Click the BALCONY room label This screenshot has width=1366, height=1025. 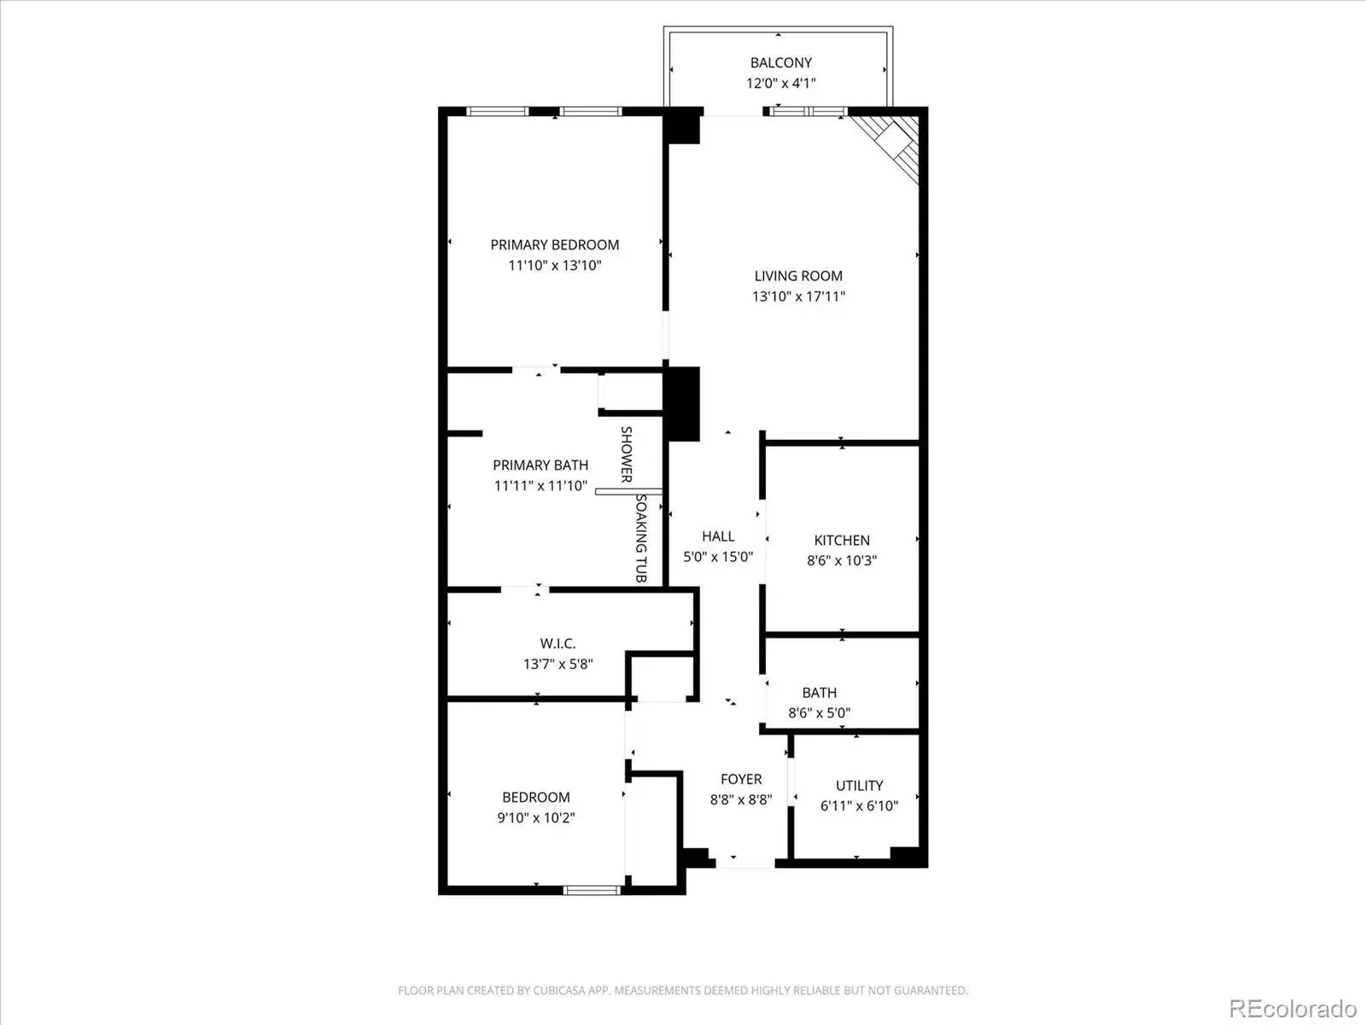click(x=780, y=63)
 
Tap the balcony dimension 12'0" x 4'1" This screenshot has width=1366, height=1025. click(x=780, y=83)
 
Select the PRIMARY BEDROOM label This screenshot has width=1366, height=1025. click(x=554, y=245)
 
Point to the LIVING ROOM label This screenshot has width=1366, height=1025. click(x=798, y=276)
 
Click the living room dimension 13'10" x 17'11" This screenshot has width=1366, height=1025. click(x=798, y=296)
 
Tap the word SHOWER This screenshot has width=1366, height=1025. click(x=627, y=454)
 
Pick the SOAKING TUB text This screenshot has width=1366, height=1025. click(x=641, y=538)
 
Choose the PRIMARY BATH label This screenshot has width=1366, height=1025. click(x=540, y=465)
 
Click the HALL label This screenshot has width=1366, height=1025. click(x=718, y=536)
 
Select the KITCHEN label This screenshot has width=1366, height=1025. click(x=842, y=540)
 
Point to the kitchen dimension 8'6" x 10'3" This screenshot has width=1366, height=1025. click(x=842, y=560)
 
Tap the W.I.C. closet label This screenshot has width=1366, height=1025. click(x=557, y=643)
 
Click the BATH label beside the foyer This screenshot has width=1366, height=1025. click(x=819, y=693)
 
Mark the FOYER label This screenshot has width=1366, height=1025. click(x=740, y=779)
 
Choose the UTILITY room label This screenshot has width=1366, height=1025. click(x=859, y=785)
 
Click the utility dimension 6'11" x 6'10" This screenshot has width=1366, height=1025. click(x=859, y=806)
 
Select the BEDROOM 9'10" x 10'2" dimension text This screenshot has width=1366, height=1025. click(x=536, y=817)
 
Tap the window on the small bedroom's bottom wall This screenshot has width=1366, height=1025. click(x=592, y=891)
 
